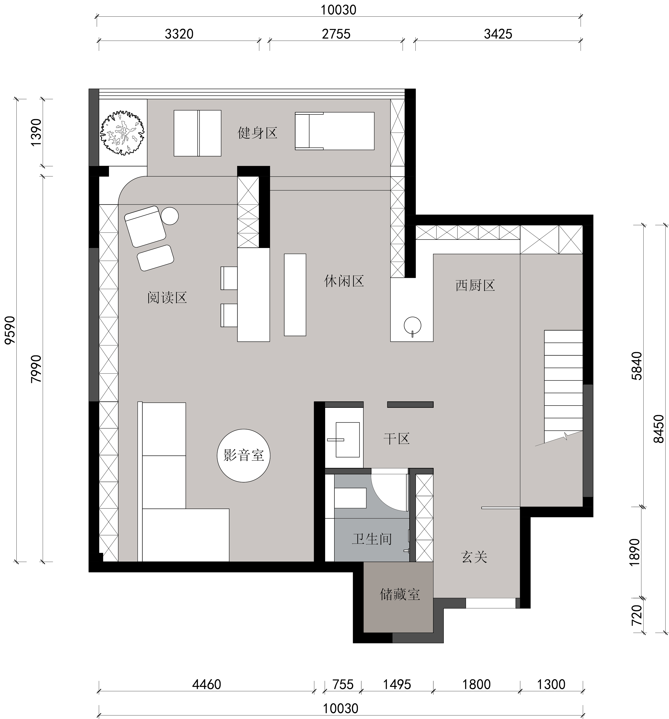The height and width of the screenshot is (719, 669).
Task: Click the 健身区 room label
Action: click(257, 133)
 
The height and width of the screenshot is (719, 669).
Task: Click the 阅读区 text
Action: click(167, 298)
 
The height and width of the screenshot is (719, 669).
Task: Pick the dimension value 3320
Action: click(179, 34)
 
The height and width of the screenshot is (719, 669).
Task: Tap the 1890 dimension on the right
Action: click(635, 552)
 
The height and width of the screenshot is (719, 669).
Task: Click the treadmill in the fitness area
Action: click(335, 131)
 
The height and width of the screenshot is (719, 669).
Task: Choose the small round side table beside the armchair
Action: click(170, 216)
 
